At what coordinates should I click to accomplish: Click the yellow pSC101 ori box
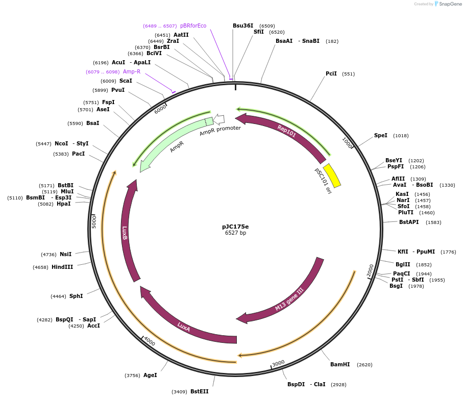pyautogui.click(x=332, y=176)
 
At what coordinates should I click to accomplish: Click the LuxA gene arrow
pyautogui.click(x=184, y=327)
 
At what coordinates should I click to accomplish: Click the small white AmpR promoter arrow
pyautogui.click(x=218, y=119)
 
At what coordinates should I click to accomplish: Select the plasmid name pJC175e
pyautogui.click(x=235, y=226)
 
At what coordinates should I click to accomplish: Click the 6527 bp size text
pyautogui.click(x=235, y=233)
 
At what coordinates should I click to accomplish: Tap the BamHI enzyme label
pyautogui.click(x=340, y=365)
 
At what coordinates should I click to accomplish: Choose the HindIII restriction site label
pyautogui.click(x=62, y=267)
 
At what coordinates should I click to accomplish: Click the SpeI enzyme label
pyautogui.click(x=381, y=136)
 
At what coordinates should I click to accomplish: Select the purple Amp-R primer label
pyautogui.click(x=132, y=72)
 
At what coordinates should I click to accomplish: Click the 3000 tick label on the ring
pyautogui.click(x=278, y=363)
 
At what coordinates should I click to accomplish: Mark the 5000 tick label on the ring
pyautogui.click(x=94, y=221)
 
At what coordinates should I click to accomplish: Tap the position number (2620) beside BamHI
pyautogui.click(x=364, y=365)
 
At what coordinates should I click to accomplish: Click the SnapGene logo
pyautogui.click(x=447, y=4)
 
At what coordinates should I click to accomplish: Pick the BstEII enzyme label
pyautogui.click(x=199, y=391)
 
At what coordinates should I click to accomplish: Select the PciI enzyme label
pyautogui.click(x=331, y=73)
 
